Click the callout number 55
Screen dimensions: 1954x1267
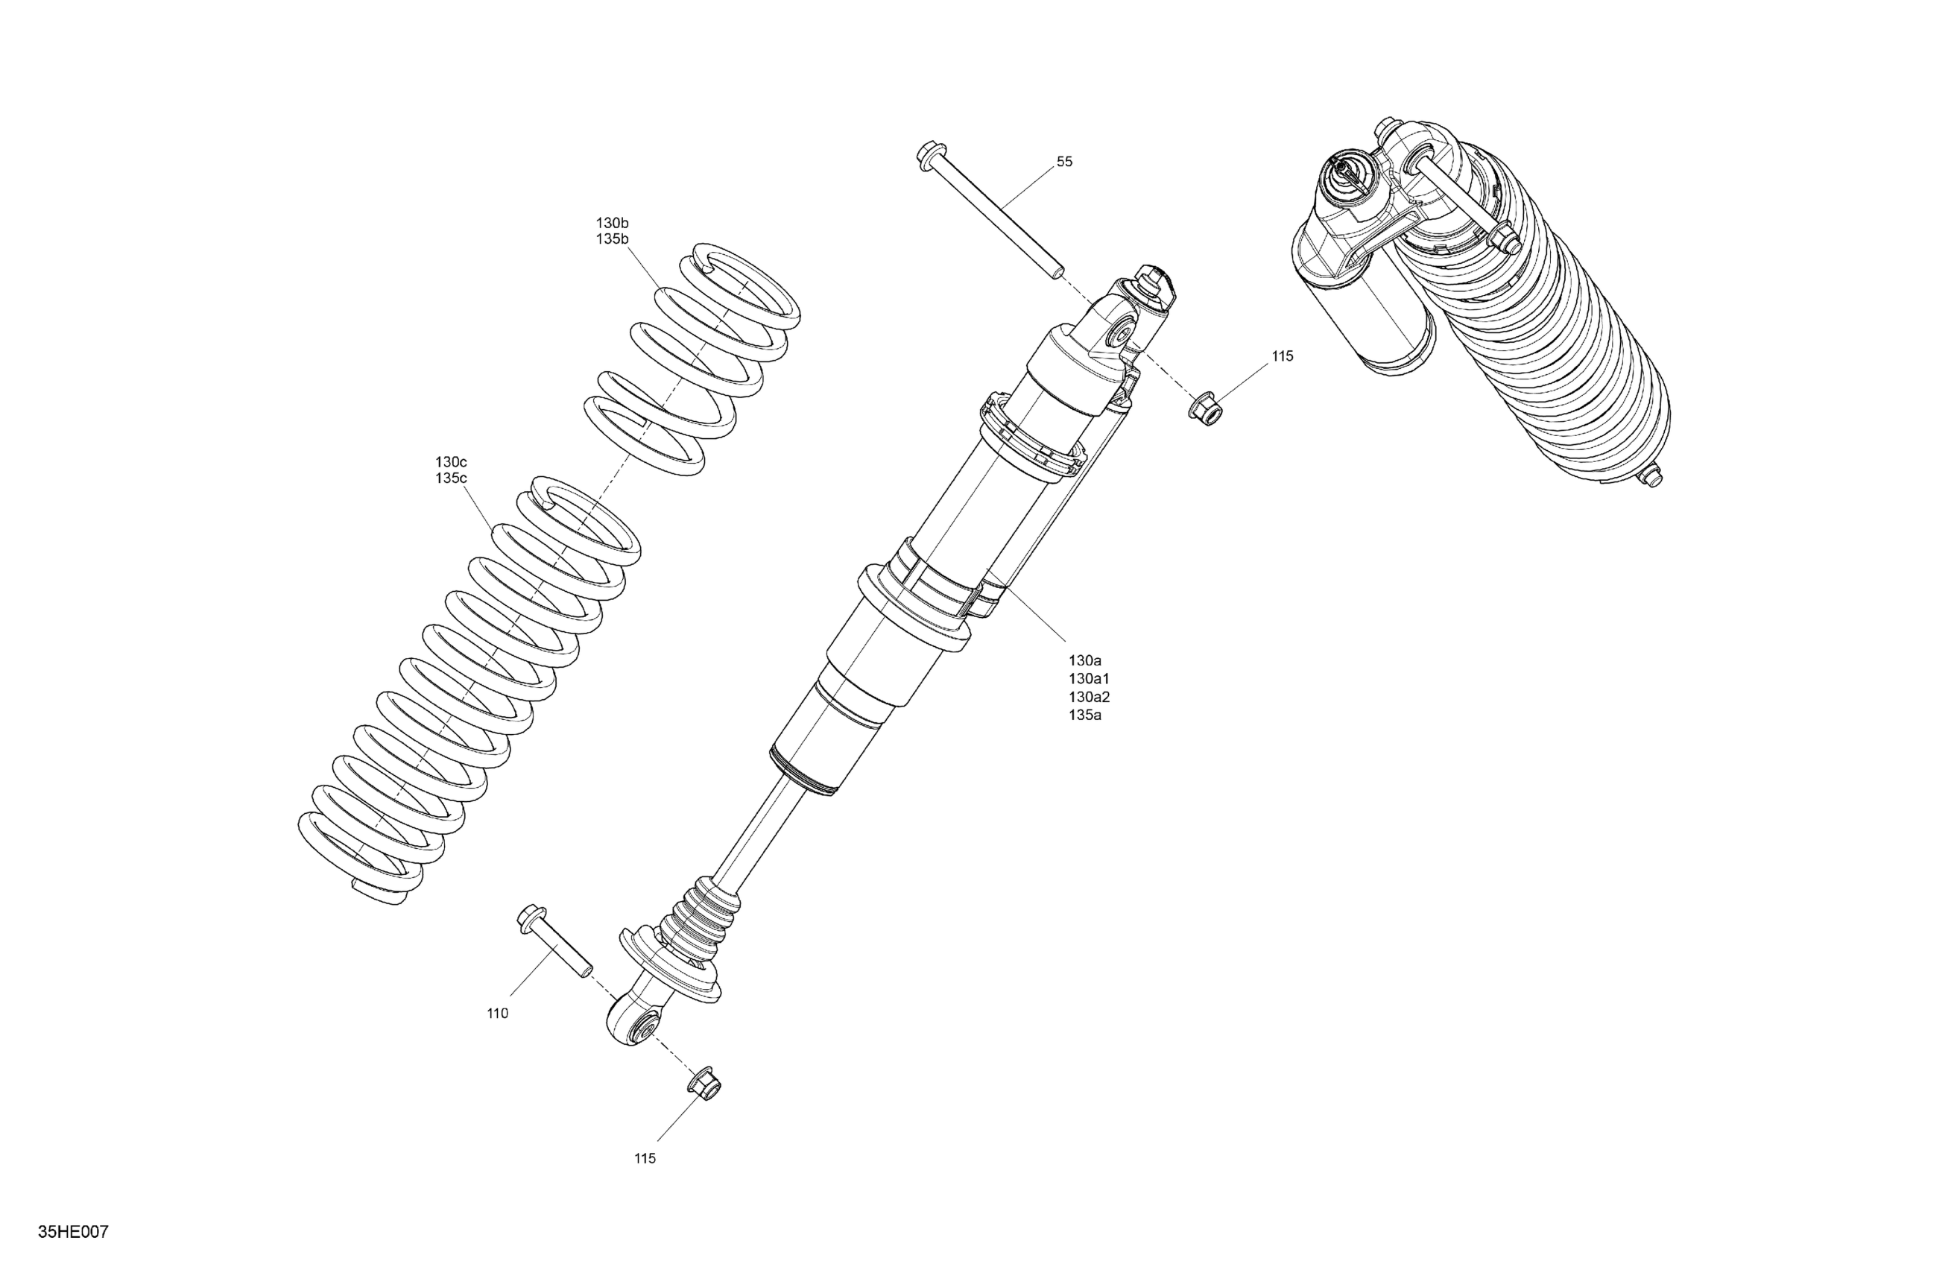(1064, 162)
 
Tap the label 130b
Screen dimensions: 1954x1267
(613, 224)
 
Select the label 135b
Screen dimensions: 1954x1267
(613, 240)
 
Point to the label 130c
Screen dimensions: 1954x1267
(451, 462)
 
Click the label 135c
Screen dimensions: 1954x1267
(451, 478)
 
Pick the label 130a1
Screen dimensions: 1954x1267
(1089, 679)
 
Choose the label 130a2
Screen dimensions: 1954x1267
(1089, 697)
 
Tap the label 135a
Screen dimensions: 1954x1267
(1084, 715)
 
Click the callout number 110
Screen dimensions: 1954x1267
(498, 1014)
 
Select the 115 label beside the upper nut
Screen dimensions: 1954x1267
(1283, 356)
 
